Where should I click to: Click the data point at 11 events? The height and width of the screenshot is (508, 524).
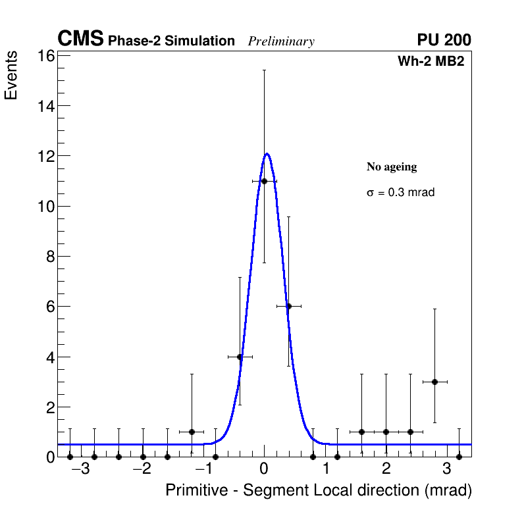(264, 181)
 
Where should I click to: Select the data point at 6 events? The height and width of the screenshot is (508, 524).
(288, 306)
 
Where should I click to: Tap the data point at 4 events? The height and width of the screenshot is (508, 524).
(240, 357)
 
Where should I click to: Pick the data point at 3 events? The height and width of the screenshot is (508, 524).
(434, 382)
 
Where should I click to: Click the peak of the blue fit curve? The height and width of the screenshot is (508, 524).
(267, 154)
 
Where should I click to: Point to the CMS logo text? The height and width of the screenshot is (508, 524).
(80, 39)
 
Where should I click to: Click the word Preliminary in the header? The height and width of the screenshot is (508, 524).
(281, 41)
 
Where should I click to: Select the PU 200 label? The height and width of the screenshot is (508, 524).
(444, 40)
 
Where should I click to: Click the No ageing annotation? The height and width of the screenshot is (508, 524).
(392, 167)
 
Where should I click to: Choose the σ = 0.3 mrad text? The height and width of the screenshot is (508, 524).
(400, 193)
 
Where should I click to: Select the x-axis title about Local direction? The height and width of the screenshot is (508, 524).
(319, 491)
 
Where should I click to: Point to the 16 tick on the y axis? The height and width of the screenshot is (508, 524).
(47, 56)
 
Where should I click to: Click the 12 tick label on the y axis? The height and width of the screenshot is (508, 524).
(47, 156)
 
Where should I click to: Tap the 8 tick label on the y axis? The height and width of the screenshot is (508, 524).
(51, 257)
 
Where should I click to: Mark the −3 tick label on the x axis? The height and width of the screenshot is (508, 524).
(80, 469)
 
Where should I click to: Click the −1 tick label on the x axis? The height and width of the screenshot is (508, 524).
(202, 469)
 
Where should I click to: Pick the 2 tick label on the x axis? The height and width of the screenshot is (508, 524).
(386, 469)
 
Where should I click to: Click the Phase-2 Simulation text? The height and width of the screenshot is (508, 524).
(171, 41)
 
